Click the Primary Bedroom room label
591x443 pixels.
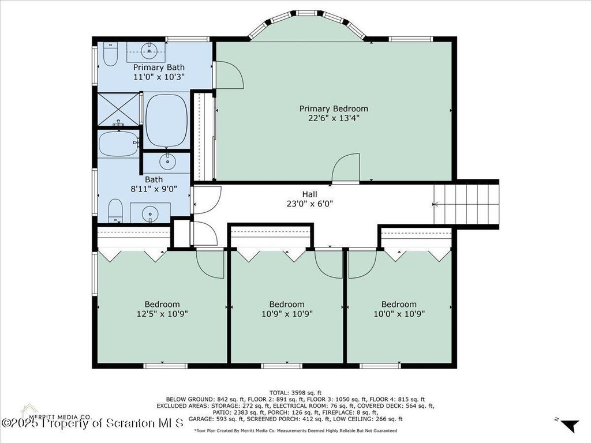coord(334,109)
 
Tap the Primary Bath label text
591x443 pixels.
coord(159,67)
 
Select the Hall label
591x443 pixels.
coord(309,194)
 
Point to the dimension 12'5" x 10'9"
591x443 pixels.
coord(162,314)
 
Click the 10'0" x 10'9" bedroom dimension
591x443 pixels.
coord(399,314)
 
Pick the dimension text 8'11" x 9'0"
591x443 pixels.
coord(154,189)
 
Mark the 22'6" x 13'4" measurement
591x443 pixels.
coord(334,118)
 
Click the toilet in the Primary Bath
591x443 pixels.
coord(110,54)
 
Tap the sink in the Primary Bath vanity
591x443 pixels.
coord(149,51)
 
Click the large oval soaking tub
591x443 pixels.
coord(166,120)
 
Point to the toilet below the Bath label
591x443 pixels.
coord(115,211)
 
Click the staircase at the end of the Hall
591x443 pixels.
coord(466,204)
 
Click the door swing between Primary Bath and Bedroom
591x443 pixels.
coord(228,75)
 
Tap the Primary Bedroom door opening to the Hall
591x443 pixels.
coord(346,168)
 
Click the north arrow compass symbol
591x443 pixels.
coord(568,425)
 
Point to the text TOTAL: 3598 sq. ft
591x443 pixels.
coord(295,393)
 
